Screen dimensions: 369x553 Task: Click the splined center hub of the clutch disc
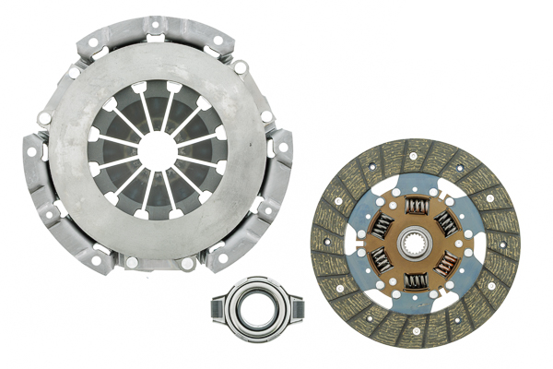pyautogui.click(x=416, y=244)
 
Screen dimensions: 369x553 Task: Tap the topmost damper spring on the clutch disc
pyautogui.click(x=417, y=207)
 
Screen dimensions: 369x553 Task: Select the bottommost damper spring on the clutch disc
pyautogui.click(x=417, y=281)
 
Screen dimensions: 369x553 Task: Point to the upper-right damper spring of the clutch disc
pyautogui.click(x=449, y=222)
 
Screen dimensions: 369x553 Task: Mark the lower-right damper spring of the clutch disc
pyautogui.click(x=449, y=264)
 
